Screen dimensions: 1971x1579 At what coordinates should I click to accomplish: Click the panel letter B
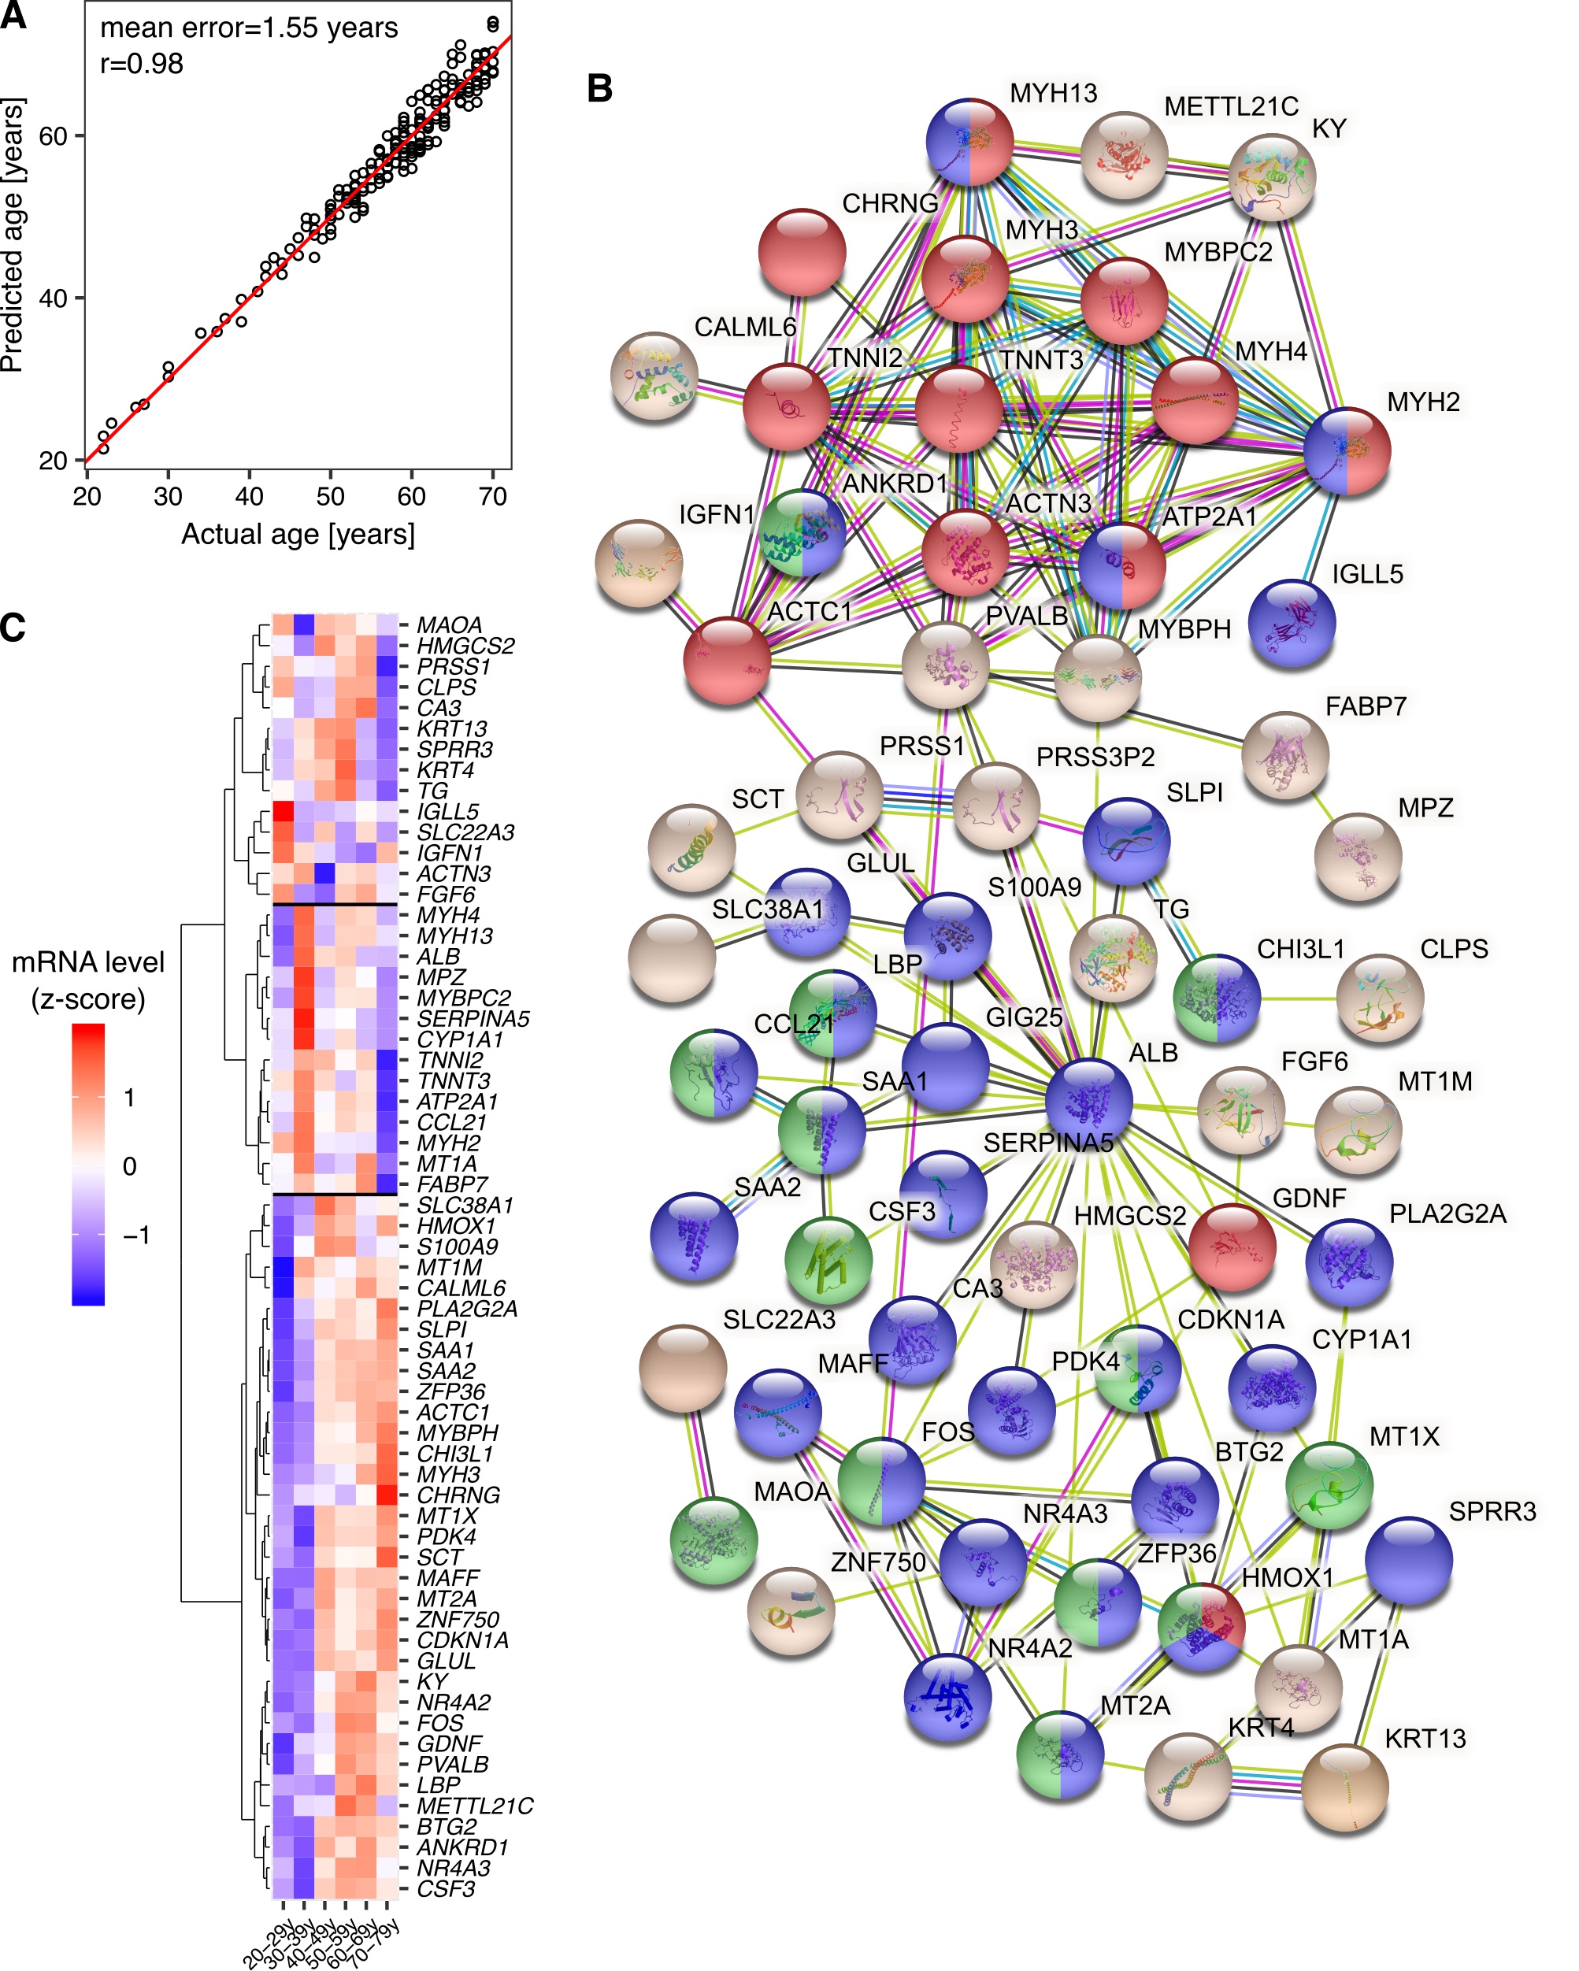coord(600,89)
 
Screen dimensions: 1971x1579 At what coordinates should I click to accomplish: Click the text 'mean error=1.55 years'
coord(249,28)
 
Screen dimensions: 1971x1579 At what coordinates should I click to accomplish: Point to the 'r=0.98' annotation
coord(142,64)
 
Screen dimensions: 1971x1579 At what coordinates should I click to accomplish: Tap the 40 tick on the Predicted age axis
coord(54,298)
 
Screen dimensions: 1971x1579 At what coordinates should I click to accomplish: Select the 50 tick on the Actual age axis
coord(330,496)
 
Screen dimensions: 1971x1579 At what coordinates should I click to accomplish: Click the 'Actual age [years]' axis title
coord(298,534)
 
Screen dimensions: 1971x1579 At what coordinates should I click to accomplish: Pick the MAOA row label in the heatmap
coord(449,625)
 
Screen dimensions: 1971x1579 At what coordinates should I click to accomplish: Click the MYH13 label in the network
coord(1052,93)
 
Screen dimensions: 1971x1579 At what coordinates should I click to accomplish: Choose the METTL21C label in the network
coord(1231,107)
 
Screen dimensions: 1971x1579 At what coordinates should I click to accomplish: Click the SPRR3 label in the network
coord(1492,1511)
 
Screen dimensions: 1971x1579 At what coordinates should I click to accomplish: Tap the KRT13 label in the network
coord(1425,1738)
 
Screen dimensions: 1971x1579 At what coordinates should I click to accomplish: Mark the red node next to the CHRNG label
coord(802,252)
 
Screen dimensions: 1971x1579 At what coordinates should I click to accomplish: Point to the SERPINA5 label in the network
coord(1047,1143)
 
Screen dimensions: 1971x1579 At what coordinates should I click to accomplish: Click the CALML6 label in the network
coord(745,328)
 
